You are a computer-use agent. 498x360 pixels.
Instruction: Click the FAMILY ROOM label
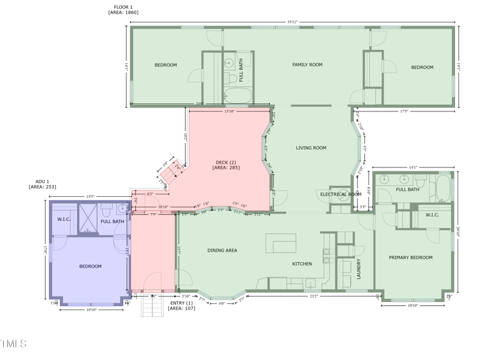pos(307,65)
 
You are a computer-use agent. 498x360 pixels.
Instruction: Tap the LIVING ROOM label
pos(311,148)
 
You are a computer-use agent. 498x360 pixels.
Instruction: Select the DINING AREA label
pos(222,250)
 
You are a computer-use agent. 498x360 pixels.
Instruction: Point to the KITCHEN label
pos(302,264)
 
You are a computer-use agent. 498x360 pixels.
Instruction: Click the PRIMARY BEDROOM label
pos(410,257)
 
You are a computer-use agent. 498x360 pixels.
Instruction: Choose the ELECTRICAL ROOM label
pos(341,194)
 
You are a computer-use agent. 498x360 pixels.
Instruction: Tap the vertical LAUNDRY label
pos(359,268)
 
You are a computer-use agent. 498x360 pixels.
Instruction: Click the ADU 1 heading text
pos(39,181)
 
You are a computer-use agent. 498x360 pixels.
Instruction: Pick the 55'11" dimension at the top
pos(293,22)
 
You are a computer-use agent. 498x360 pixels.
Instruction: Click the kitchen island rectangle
pos(281,243)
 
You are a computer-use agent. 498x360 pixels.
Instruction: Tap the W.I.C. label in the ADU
pos(63,219)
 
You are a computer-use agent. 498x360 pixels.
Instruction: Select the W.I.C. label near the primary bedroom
pos(433,216)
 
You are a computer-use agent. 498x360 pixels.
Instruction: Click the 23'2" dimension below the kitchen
pos(314,296)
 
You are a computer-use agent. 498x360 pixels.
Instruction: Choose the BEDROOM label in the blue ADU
pos(90,267)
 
